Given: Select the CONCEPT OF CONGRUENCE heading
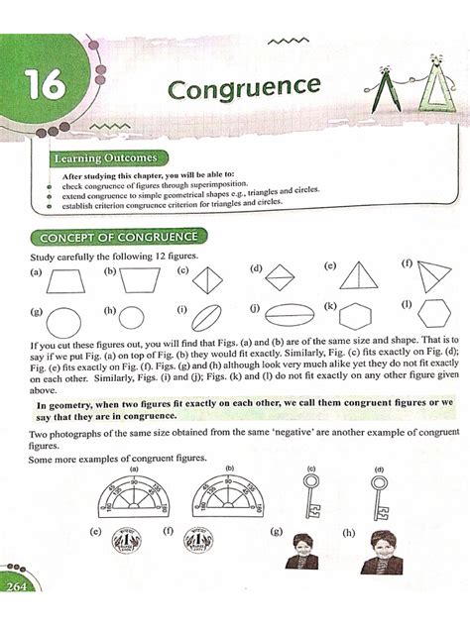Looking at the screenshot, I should click(x=119, y=237).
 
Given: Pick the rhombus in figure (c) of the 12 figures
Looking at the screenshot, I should click(x=208, y=280).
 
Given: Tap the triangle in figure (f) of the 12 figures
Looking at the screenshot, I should click(x=431, y=276).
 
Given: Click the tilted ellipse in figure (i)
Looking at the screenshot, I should click(x=204, y=321).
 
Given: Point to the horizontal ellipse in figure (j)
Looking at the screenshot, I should click(x=288, y=319).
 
